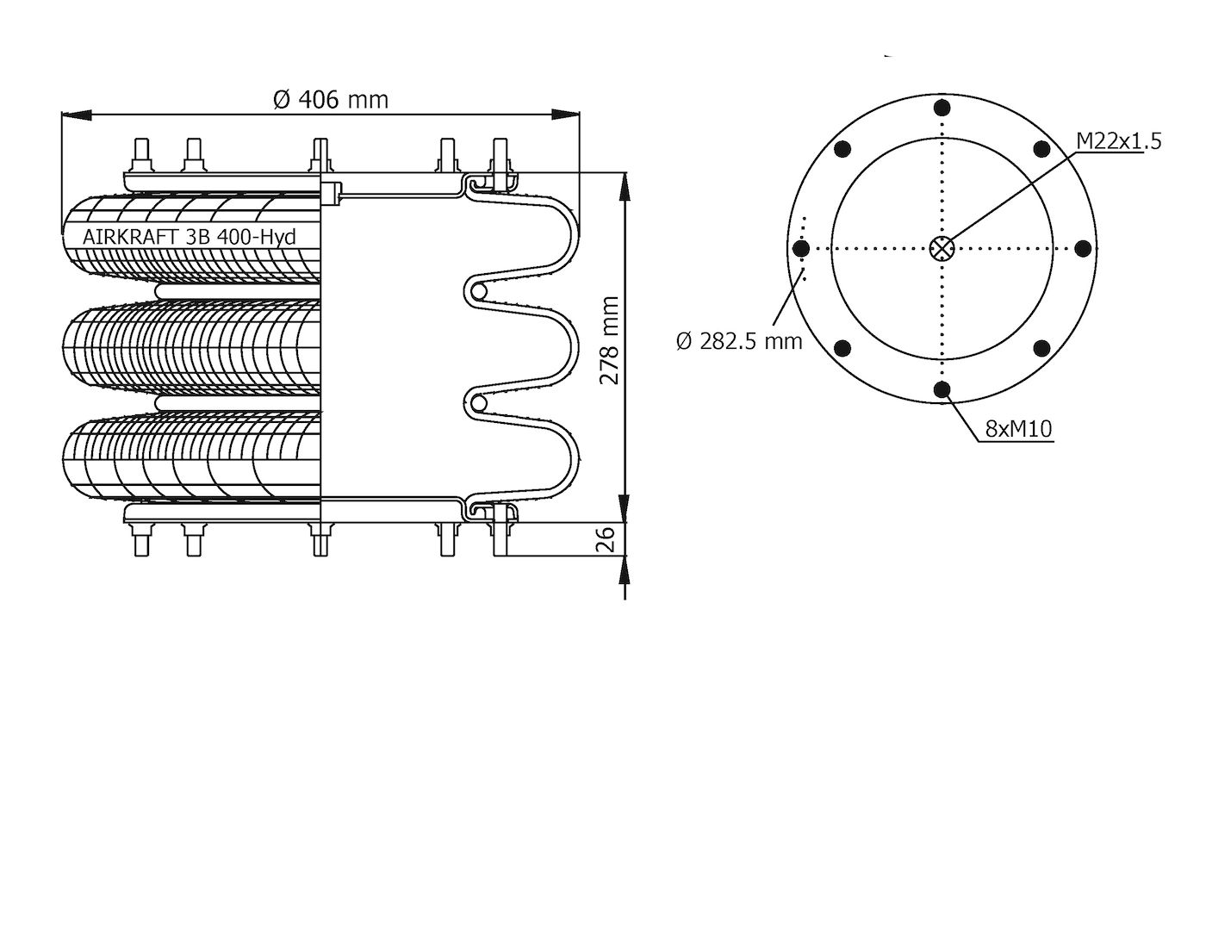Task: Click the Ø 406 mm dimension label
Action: pos(331,100)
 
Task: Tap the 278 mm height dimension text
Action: pos(609,340)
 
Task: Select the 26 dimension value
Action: pos(607,539)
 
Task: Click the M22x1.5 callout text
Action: pos(1119,141)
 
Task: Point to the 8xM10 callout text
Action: pos(1019,429)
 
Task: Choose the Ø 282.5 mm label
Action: pos(739,341)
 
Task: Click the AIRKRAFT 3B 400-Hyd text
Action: pos(190,237)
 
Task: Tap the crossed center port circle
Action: pos(942,248)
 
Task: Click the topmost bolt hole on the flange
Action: pos(942,108)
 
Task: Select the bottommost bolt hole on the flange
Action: pos(942,388)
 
